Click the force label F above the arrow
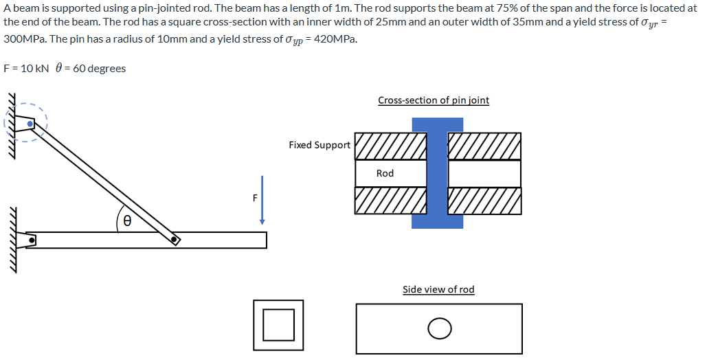255,198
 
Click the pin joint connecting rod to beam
175,240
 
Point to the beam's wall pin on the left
30,240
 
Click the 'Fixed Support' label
319,145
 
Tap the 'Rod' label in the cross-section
385,173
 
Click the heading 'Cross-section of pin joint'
433,100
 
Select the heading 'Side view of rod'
438,289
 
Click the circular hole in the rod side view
439,329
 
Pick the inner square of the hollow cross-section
278,325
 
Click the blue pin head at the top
437,124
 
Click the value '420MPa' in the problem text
336,38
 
